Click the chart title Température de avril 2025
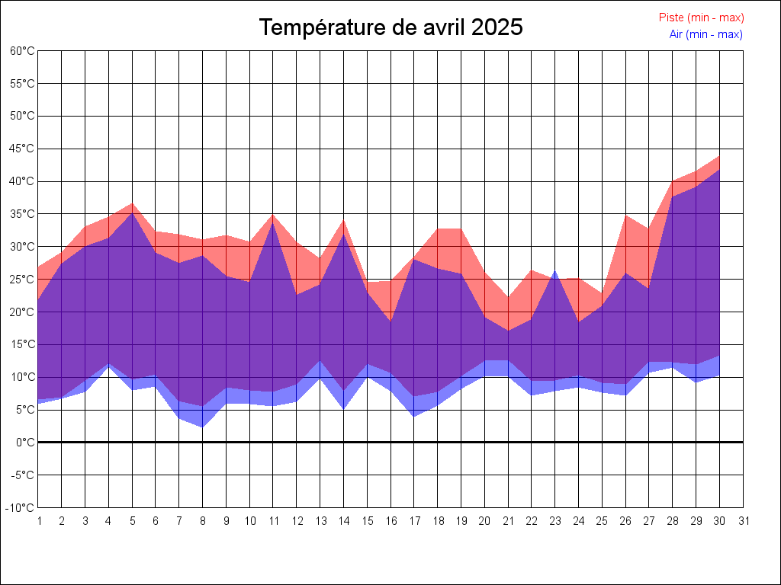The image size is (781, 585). tap(390, 28)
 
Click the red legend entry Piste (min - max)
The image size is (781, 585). tap(701, 18)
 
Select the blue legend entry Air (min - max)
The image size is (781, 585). tap(705, 34)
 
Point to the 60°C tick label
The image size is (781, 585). tap(22, 51)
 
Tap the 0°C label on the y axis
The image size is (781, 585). tap(25, 443)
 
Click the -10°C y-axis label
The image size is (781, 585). tap(21, 508)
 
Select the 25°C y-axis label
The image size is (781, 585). tap(22, 280)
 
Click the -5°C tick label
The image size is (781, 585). tap(23, 475)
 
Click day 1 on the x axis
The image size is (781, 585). tap(39, 522)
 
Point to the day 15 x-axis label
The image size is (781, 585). tap(368, 522)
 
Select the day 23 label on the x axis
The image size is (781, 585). tap(556, 522)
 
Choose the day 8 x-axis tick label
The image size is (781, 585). tap(203, 522)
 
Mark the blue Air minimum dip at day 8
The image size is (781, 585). tap(203, 427)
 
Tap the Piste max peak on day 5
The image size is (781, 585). tap(132, 203)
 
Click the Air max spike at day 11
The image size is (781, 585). tap(273, 222)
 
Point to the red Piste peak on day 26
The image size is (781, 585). tap(626, 216)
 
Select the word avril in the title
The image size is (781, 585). tap(443, 28)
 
